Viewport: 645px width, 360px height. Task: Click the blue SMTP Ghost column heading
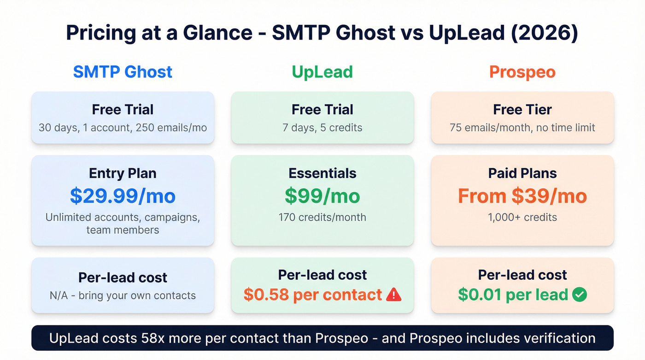tap(123, 72)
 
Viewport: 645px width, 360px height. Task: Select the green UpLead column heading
tap(322, 72)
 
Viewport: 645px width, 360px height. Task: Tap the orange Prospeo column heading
tap(522, 72)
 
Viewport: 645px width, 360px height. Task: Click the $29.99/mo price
tap(123, 196)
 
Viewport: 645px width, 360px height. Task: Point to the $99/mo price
tap(322, 196)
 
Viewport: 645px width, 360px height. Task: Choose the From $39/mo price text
tap(522, 196)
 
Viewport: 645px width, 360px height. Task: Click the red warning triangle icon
tap(393, 295)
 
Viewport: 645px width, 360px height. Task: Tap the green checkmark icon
tap(579, 295)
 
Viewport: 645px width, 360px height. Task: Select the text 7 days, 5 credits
tap(322, 128)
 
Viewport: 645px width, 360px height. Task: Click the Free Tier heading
tap(522, 110)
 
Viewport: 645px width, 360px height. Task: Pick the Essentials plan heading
tap(322, 173)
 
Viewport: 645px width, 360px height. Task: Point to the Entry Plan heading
tap(123, 173)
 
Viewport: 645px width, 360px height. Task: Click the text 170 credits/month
tap(322, 217)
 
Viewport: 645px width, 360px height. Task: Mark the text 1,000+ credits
tap(522, 217)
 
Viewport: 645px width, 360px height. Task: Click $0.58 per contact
tap(313, 295)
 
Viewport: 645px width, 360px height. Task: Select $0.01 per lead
tap(513, 295)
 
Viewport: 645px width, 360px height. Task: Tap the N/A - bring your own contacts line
tap(123, 295)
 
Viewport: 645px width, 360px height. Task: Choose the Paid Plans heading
tap(522, 173)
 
